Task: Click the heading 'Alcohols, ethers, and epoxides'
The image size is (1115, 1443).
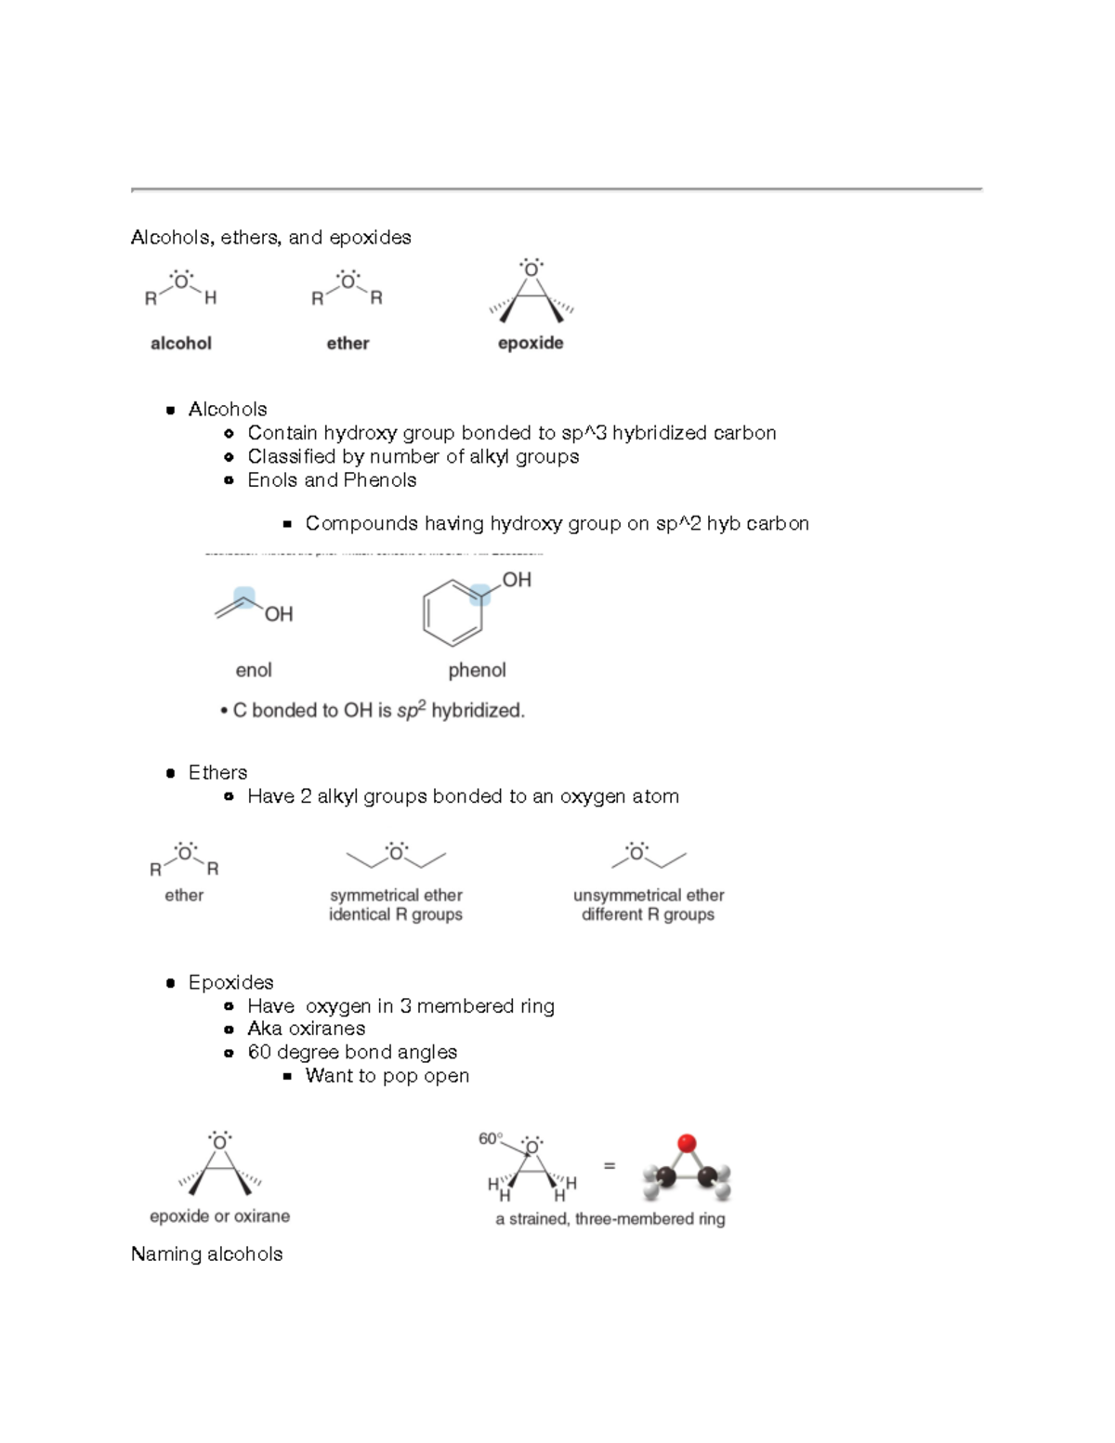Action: point(270,238)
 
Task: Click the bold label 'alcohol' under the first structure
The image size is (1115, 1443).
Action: point(181,344)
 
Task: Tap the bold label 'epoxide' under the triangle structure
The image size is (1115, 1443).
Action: point(531,344)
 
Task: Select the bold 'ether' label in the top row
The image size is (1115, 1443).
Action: point(348,344)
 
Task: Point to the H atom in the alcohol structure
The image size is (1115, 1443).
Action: point(211,298)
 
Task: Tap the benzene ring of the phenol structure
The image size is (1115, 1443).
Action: point(453,613)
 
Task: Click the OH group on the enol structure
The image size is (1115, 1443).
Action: point(279,614)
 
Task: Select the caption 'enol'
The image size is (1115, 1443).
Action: point(254,671)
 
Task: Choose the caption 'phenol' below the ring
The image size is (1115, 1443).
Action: point(477,671)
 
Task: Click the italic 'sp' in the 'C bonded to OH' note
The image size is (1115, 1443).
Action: point(406,712)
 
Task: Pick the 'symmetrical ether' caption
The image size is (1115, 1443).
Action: point(396,896)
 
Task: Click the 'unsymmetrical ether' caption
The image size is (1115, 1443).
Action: point(649,896)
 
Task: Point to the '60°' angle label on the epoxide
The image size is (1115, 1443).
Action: point(491,1139)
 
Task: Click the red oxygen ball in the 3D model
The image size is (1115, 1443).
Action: point(687,1143)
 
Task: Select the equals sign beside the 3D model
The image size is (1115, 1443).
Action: point(610,1165)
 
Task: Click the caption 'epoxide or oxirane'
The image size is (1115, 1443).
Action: point(220,1216)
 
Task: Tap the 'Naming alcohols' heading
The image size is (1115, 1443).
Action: point(207,1254)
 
